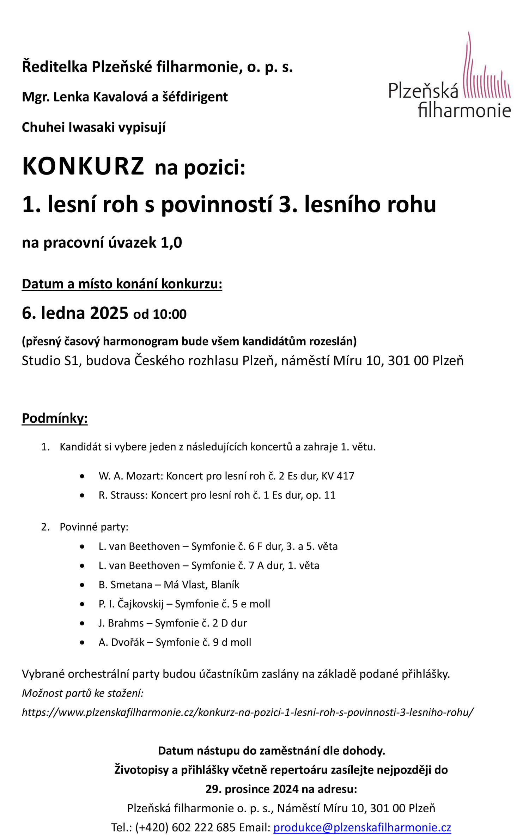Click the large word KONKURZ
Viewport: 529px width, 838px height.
pyautogui.click(x=83, y=166)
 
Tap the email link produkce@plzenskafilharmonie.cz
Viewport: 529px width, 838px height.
pyautogui.click(x=362, y=827)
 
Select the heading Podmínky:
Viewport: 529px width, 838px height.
pyautogui.click(x=55, y=418)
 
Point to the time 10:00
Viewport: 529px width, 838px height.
pyautogui.click(x=170, y=314)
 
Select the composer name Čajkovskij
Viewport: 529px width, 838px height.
pyautogui.click(x=140, y=604)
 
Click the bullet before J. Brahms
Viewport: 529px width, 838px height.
pyautogui.click(x=82, y=623)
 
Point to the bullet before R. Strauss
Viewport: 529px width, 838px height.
pyautogui.click(x=82, y=495)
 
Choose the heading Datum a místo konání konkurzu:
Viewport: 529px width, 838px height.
pyautogui.click(x=122, y=284)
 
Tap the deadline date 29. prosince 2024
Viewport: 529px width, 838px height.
pyautogui.click(x=252, y=789)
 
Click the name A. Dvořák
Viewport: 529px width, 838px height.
pyautogui.click(x=121, y=642)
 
